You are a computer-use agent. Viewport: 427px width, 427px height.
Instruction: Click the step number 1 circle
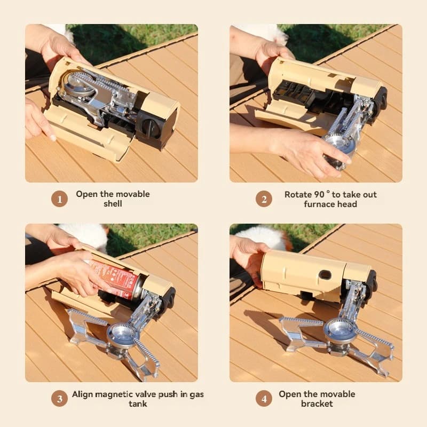click(59, 199)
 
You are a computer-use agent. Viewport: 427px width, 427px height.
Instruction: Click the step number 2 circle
click(264, 199)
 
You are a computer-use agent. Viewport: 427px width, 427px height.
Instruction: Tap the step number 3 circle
click(59, 399)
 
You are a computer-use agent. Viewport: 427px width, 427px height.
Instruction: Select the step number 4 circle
click(264, 399)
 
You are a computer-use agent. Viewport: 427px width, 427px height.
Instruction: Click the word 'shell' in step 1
click(113, 204)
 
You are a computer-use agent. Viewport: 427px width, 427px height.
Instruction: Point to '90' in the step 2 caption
click(319, 194)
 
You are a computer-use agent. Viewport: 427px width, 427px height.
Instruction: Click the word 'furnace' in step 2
click(317, 204)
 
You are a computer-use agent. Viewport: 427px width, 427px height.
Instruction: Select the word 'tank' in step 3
click(138, 404)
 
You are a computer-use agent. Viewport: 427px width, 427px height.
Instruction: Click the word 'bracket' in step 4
click(317, 404)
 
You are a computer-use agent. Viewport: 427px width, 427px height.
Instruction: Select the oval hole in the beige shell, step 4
click(325, 274)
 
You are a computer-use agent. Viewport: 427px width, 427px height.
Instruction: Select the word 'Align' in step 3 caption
click(83, 395)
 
